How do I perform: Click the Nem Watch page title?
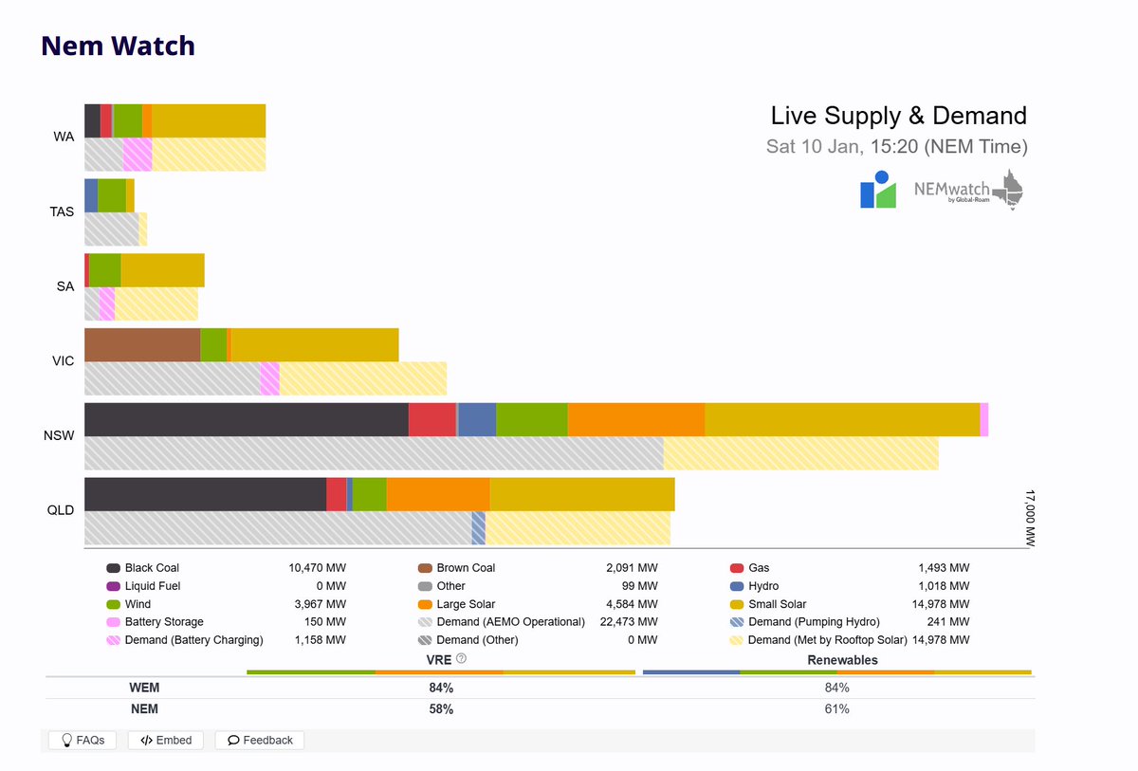tap(119, 46)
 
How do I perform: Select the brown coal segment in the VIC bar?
tap(142, 345)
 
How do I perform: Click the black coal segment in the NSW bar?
tap(247, 419)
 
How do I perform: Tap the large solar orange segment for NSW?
tap(635, 419)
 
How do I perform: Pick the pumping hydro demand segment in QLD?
tap(479, 528)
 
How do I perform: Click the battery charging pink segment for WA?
tap(138, 155)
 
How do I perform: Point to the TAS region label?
tap(63, 211)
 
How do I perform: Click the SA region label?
tap(64, 286)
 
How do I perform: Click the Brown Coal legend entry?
tap(465, 568)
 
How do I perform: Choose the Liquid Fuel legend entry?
tap(152, 586)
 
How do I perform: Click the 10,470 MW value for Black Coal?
tap(317, 568)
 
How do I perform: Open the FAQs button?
tap(83, 740)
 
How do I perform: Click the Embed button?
tap(166, 740)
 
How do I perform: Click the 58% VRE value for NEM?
tap(441, 709)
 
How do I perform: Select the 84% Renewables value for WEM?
tap(836, 688)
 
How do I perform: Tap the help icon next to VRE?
tap(461, 658)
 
